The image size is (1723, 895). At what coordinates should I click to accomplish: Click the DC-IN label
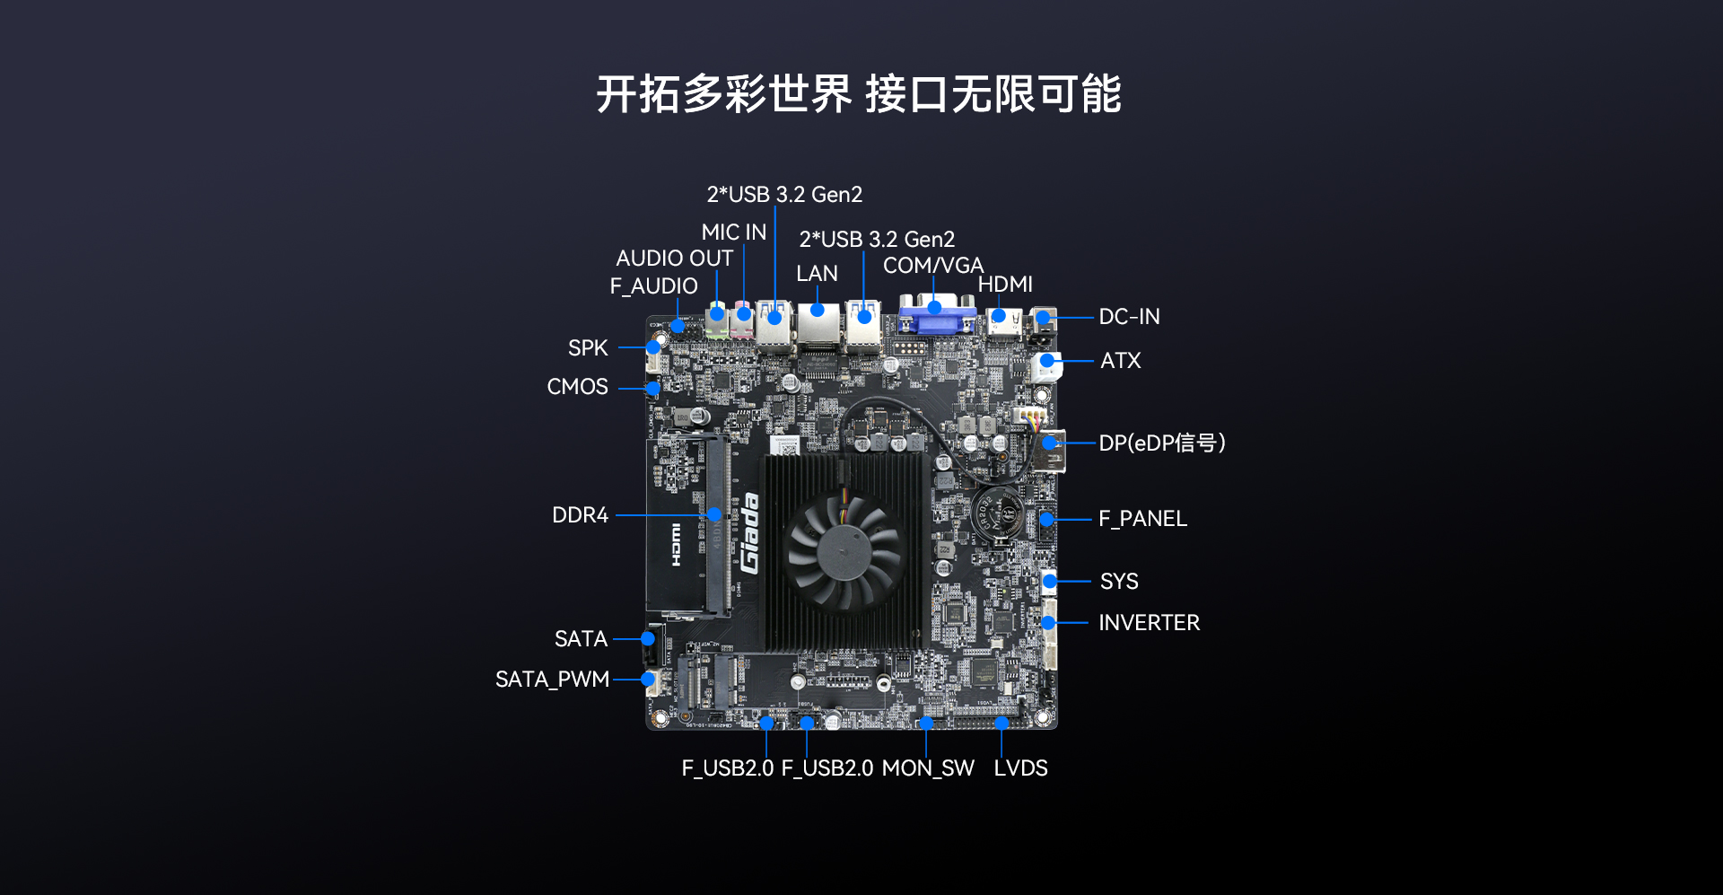[1129, 317]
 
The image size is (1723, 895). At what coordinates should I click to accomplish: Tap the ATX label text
[1121, 361]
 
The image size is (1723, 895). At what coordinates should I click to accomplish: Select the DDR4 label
[580, 515]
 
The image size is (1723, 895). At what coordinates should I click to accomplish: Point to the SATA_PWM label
[552, 680]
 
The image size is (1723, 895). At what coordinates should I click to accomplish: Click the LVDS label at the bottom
[1020, 768]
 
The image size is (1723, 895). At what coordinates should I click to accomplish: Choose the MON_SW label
[928, 768]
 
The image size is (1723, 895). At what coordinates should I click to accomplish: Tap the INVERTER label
[1149, 623]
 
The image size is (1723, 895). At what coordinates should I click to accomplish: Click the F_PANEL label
[1142, 519]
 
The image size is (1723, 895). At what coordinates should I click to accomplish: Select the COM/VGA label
[933, 266]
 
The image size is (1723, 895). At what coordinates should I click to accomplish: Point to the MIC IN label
[734, 233]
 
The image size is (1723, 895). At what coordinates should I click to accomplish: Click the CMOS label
[578, 387]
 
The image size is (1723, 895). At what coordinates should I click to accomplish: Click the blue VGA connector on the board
[937, 314]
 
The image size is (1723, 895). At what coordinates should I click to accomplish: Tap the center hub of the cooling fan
[843, 551]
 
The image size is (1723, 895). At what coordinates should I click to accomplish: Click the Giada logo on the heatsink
[750, 533]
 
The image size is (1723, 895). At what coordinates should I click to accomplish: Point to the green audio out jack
[716, 320]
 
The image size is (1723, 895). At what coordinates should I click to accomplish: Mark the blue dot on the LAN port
[818, 311]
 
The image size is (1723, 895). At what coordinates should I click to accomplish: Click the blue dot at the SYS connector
[1049, 582]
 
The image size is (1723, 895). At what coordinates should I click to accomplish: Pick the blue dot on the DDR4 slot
[714, 514]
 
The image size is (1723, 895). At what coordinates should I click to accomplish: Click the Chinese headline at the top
[859, 94]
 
